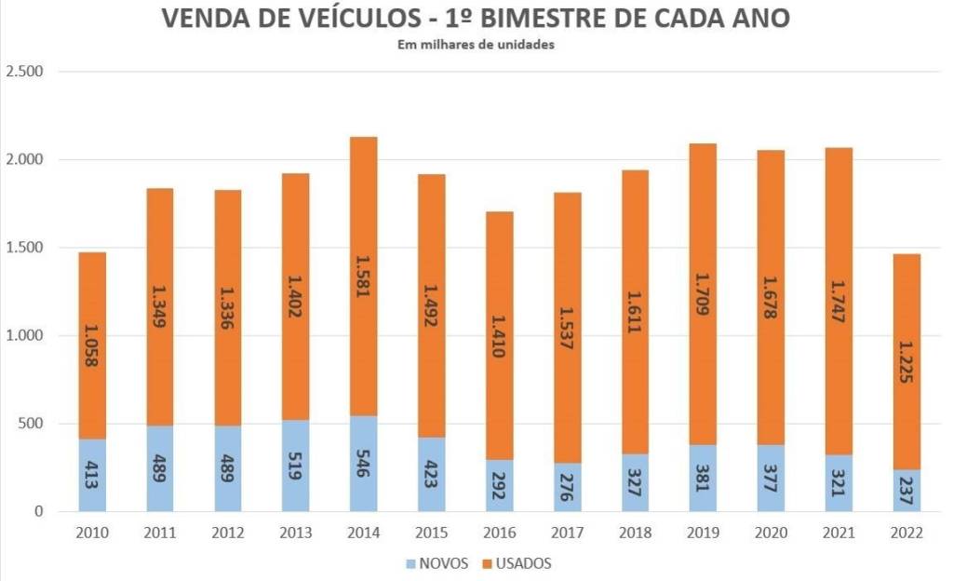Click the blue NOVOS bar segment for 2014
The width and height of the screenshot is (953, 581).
[364, 464]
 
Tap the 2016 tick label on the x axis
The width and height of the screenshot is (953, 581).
[500, 534]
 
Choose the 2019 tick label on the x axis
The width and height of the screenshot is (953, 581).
[703, 534]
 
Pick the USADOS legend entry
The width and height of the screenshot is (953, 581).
[517, 562]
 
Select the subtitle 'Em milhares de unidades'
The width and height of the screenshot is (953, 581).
[476, 44]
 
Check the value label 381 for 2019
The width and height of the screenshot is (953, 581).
[703, 480]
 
